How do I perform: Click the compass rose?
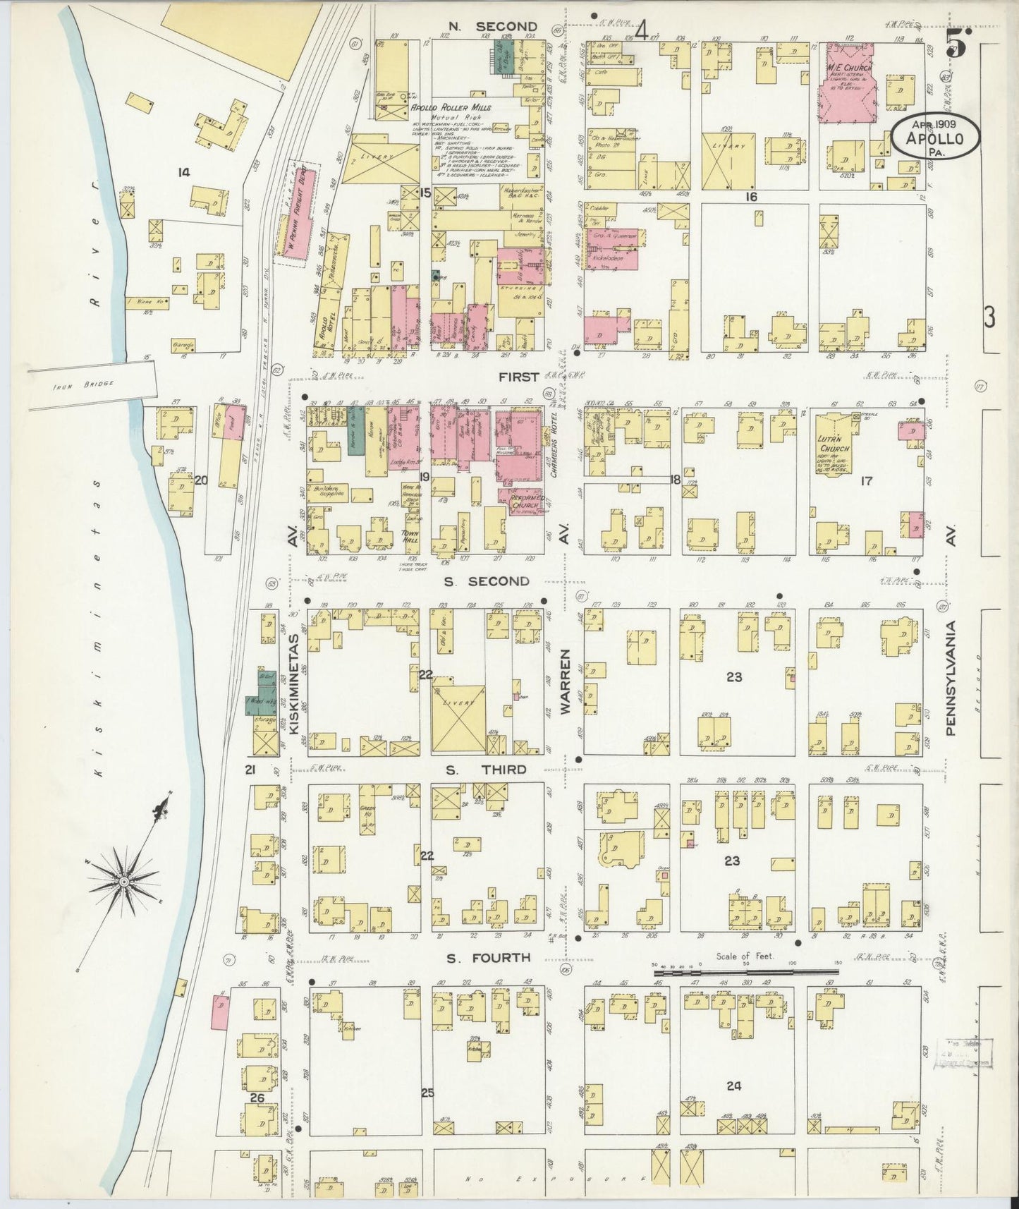pos(124,881)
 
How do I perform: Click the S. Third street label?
pos(487,769)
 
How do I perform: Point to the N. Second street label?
pos(493,27)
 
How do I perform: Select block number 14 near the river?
pos(184,171)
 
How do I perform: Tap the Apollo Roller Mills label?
pos(451,107)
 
